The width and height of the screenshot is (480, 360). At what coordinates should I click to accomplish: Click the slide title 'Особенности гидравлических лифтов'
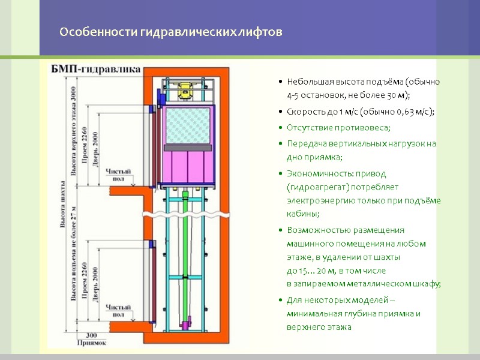click(x=170, y=32)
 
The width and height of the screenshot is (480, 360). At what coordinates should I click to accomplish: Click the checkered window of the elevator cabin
click(x=188, y=127)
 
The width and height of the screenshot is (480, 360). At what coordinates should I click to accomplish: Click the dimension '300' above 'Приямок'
click(x=91, y=335)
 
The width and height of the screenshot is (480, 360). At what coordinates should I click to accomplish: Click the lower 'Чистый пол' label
click(x=118, y=311)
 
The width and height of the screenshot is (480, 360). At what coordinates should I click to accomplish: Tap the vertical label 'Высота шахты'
click(x=62, y=204)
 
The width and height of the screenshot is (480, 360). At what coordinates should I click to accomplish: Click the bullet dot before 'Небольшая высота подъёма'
click(x=280, y=82)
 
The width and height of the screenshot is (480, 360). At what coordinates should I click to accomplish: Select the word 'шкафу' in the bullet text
click(x=428, y=284)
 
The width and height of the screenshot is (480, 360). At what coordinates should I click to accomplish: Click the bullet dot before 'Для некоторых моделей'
click(x=280, y=300)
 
